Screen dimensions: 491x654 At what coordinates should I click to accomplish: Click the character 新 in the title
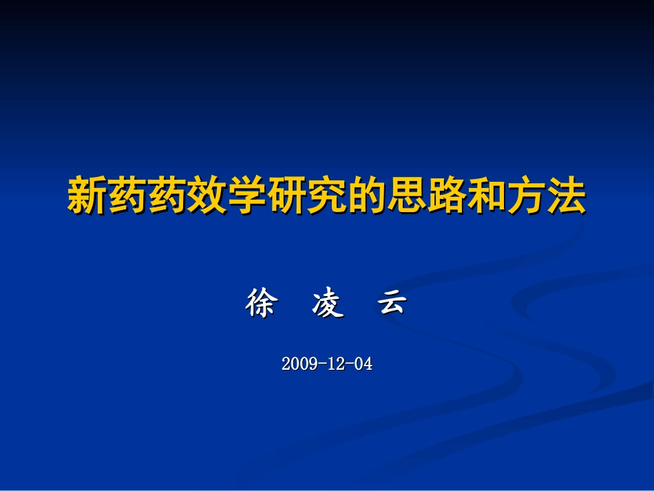click(x=87, y=196)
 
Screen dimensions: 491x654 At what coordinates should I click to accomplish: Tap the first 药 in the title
click(x=127, y=196)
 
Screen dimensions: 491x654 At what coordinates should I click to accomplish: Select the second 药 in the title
click(x=167, y=196)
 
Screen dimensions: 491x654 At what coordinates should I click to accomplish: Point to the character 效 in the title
click(x=207, y=196)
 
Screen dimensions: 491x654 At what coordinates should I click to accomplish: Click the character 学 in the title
click(x=247, y=196)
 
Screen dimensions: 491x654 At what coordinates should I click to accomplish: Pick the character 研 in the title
click(x=287, y=196)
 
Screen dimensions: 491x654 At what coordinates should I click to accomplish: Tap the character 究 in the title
click(x=327, y=196)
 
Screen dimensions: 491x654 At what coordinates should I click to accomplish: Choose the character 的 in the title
click(x=367, y=196)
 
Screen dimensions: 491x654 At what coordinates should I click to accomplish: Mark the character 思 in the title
click(x=407, y=196)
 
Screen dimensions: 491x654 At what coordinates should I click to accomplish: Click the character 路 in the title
click(x=447, y=196)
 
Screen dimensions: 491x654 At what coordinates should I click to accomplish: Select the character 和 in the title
click(x=487, y=196)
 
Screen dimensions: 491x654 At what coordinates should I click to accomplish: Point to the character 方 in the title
click(x=527, y=196)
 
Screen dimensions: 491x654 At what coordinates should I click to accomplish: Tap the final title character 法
click(x=566, y=196)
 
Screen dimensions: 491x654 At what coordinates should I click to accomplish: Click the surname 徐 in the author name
click(x=260, y=304)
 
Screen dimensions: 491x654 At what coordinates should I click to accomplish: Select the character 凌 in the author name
click(x=327, y=304)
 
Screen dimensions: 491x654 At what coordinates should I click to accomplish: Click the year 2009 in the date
click(x=299, y=364)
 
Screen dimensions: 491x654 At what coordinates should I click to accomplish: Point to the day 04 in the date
click(x=363, y=364)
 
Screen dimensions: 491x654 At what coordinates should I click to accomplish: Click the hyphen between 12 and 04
click(x=350, y=364)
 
